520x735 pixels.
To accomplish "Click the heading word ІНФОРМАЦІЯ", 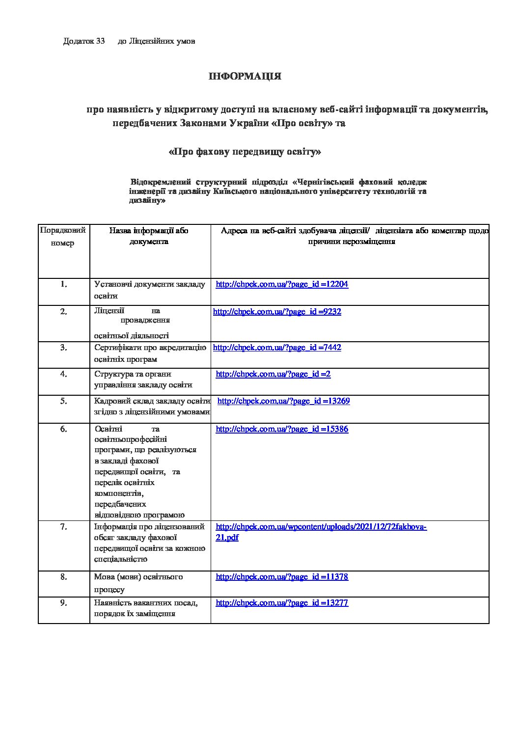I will (x=245, y=77).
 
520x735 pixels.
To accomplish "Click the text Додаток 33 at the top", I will (x=84, y=41).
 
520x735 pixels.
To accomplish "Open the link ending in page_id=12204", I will (x=282, y=284).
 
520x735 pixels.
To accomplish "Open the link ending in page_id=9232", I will (x=277, y=312).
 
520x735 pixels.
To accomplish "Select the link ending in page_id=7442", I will (x=277, y=348).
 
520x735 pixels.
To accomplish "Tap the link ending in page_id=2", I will (x=273, y=374).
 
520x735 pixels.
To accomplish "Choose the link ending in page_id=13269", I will (x=283, y=401).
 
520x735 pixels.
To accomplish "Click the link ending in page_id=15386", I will (x=282, y=429).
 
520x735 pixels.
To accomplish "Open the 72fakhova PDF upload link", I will (x=321, y=527).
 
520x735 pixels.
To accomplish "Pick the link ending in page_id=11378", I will (x=282, y=577).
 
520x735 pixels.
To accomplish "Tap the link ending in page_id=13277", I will (x=282, y=603).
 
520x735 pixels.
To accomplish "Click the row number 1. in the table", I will (x=64, y=284).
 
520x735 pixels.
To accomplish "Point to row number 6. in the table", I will (x=64, y=429).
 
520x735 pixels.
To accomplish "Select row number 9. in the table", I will (x=64, y=603).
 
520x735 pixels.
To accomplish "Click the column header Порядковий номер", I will (x=63, y=237).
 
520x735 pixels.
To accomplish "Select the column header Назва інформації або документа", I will (x=149, y=236).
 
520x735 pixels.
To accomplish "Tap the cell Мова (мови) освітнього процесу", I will (x=138, y=583).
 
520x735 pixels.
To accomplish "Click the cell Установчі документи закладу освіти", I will (x=149, y=290).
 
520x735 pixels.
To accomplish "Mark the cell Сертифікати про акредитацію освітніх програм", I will (x=150, y=354).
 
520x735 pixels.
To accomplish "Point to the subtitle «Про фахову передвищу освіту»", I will (x=245, y=152).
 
